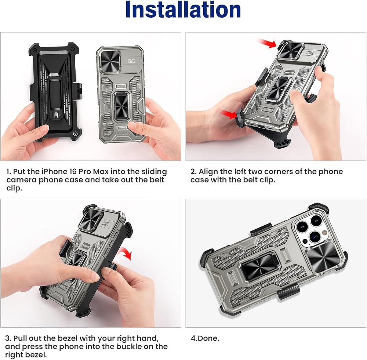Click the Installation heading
pos(183,10)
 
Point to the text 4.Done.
pos(205,338)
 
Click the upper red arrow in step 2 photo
pos(267,43)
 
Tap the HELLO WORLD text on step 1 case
pos(131,61)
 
